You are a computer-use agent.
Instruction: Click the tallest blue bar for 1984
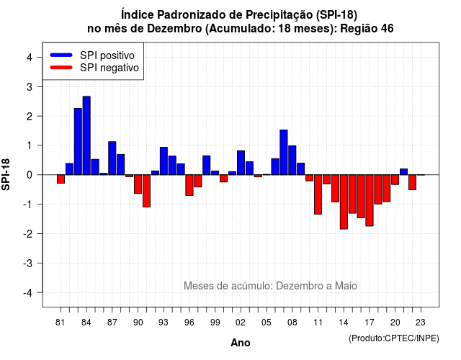[86, 135]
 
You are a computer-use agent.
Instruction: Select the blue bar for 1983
[78, 141]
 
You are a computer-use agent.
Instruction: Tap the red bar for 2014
[344, 202]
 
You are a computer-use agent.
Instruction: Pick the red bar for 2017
[370, 200]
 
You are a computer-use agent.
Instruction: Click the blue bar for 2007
[284, 152]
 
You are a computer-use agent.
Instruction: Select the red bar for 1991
[146, 191]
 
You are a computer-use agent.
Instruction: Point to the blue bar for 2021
[403, 172]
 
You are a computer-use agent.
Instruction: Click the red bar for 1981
[61, 179]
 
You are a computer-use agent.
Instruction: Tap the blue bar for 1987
[112, 158]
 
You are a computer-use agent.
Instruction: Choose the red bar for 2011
[318, 194]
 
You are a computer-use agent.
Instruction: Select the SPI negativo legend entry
[94, 68]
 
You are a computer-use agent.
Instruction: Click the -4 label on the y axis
[28, 292]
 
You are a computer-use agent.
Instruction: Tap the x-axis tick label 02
[240, 323]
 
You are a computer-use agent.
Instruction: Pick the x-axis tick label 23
[421, 323]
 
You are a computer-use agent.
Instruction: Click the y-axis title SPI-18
[6, 174]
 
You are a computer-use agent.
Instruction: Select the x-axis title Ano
[241, 343]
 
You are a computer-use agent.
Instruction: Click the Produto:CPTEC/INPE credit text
[394, 338]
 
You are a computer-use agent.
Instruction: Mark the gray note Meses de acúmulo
[270, 286]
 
